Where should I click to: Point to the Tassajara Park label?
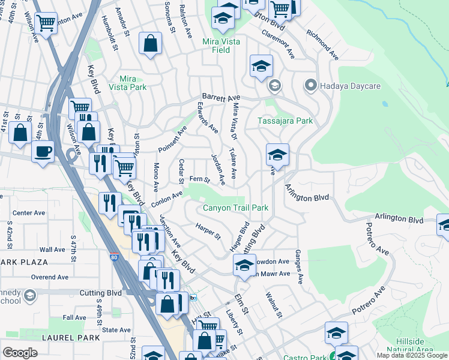[285, 121]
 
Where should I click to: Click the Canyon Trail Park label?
[235, 208]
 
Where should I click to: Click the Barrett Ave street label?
[221, 97]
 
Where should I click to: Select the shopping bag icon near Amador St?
[150, 44]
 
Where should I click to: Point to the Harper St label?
[208, 231]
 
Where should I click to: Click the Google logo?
[20, 353]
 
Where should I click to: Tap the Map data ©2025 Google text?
[412, 355]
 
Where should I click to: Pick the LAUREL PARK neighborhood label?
[71, 338]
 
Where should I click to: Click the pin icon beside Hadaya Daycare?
[310, 86]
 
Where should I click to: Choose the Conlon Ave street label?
[170, 196]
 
